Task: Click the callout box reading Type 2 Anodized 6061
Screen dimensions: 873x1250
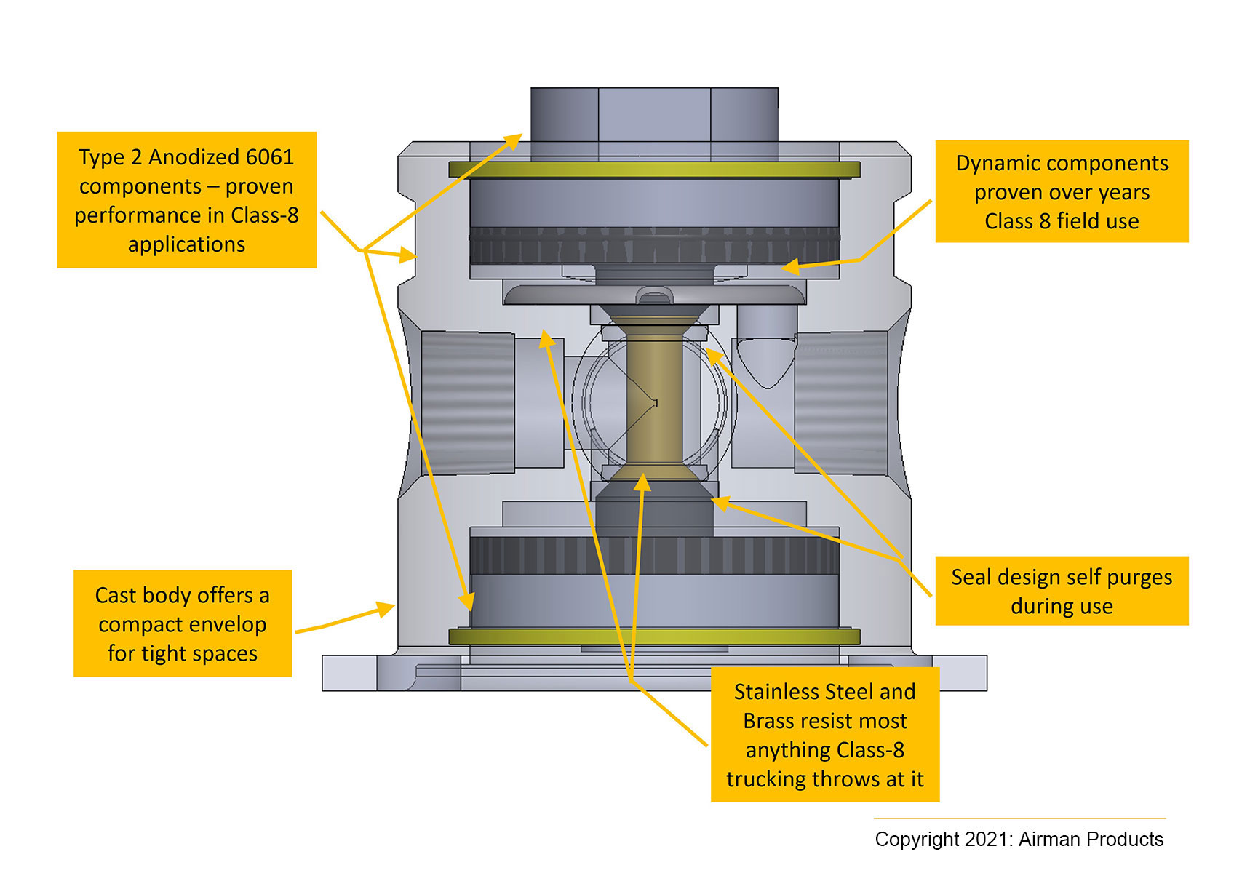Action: click(x=186, y=200)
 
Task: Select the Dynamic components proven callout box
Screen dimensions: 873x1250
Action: click(x=1062, y=191)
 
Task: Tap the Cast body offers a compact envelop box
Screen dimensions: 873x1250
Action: click(x=183, y=623)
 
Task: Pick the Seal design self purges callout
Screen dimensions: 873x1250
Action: click(x=1062, y=591)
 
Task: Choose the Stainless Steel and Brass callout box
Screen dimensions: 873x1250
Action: click(x=825, y=735)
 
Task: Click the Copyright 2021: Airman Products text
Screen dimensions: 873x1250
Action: click(x=1019, y=839)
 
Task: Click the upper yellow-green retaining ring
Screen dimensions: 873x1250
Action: click(x=654, y=170)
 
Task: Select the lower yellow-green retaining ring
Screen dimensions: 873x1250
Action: click(x=654, y=636)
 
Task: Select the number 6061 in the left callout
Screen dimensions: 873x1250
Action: click(x=269, y=157)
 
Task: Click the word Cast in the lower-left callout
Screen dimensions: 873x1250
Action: click(x=116, y=595)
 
